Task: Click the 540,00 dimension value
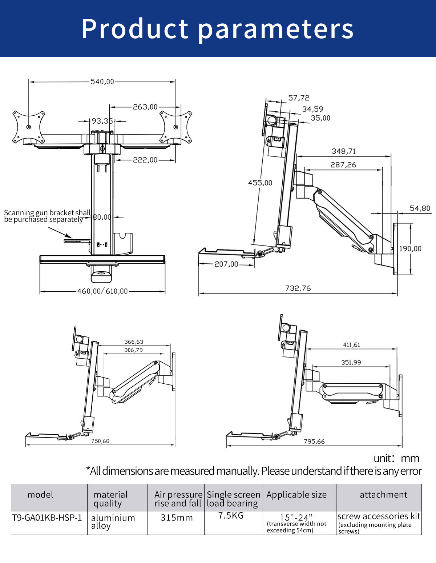[x=102, y=82]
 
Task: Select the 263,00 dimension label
[x=145, y=107]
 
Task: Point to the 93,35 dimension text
[x=102, y=121]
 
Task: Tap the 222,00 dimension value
[x=145, y=160]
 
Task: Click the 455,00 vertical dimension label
[x=260, y=183]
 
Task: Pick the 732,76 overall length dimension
[x=298, y=288]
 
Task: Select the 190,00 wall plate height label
[x=410, y=249]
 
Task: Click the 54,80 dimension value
[x=420, y=208]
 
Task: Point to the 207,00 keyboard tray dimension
[x=226, y=264]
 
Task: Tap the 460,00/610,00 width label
[x=102, y=291]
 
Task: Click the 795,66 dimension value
[x=314, y=442]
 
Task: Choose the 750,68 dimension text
[x=100, y=441]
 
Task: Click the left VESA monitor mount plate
[x=29, y=127]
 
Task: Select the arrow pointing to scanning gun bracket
[x=60, y=232]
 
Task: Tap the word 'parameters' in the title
[x=276, y=29]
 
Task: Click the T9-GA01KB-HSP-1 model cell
[x=47, y=518]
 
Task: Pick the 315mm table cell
[x=177, y=518]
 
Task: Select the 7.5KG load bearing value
[x=231, y=515]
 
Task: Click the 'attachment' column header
[x=383, y=495]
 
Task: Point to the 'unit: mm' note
[x=396, y=458]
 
